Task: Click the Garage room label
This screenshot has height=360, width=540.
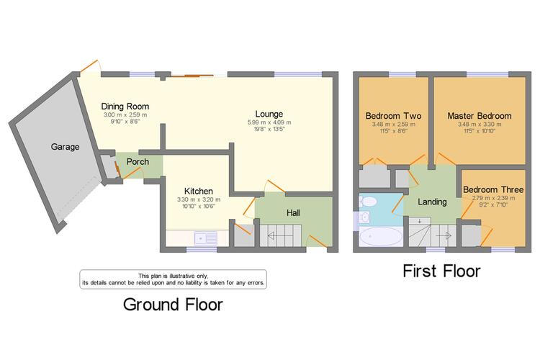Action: (65, 147)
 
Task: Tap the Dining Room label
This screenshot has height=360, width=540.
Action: (125, 107)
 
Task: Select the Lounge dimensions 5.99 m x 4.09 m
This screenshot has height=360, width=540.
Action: (269, 122)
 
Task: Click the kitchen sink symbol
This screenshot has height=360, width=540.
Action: (206, 238)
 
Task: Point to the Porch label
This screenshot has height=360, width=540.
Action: (138, 161)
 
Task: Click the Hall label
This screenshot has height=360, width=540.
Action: (293, 213)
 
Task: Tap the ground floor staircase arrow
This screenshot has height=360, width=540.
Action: (280, 236)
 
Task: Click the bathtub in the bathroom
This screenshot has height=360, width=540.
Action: (381, 237)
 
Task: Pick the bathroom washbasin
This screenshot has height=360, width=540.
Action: (364, 217)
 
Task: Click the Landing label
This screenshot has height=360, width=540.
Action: (432, 202)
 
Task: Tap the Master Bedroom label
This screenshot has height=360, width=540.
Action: (480, 116)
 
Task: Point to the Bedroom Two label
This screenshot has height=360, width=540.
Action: (393, 116)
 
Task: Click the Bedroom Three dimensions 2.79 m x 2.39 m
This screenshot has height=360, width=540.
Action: (493, 198)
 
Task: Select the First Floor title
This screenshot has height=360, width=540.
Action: (441, 271)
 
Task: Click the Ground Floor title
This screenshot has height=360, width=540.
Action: (173, 305)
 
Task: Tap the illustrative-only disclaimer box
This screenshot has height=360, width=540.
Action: (174, 279)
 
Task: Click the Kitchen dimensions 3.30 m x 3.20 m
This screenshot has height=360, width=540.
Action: (199, 199)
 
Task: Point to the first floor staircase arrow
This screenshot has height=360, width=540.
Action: (444, 236)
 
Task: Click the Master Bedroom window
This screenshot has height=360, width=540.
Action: (487, 74)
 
